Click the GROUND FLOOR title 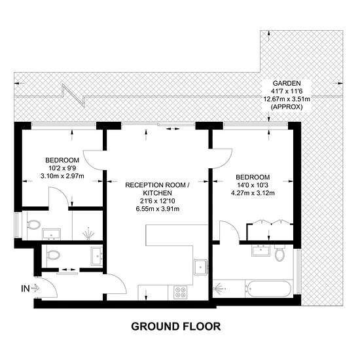coord(176,326)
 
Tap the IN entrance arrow coord(35,288)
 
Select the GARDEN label coord(287,83)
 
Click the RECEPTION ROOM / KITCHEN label coord(158,189)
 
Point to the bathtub coord(268,289)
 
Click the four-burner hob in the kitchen coord(180,293)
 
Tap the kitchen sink coord(201,267)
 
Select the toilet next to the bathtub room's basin coord(279,253)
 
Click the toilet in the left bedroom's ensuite coord(33,225)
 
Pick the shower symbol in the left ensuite coord(88,234)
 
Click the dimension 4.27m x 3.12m coord(253,193)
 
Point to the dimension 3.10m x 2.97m coord(62,176)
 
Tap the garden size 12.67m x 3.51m coord(287,99)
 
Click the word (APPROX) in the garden coord(287,107)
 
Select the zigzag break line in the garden coord(74,96)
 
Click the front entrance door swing coord(49,287)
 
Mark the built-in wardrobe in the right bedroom coord(270,232)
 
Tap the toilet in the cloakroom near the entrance coord(53,255)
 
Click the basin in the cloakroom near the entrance coord(97,256)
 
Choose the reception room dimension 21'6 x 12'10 coord(158,201)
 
